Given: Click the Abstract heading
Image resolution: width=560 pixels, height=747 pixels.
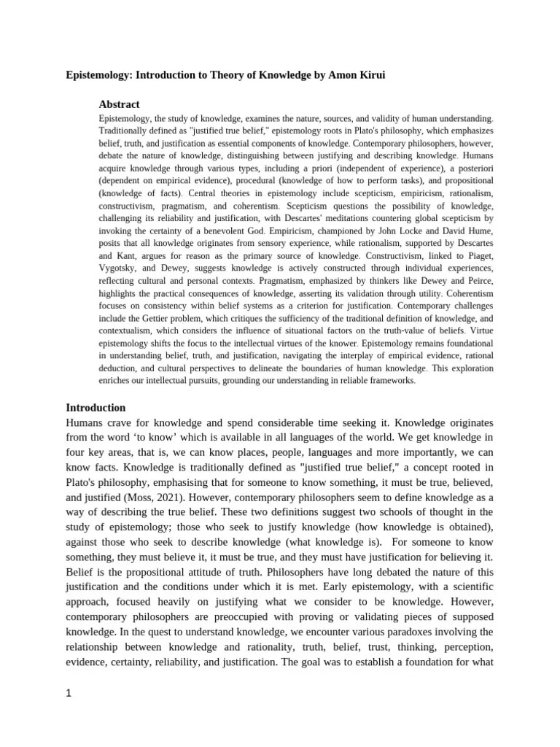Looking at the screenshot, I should tap(119, 104).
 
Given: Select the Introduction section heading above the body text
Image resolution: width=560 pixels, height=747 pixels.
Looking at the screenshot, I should tap(96, 407).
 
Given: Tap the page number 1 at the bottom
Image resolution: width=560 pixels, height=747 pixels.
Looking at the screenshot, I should tap(69, 694).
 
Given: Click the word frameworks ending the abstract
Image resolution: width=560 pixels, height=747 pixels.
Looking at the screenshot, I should tap(389, 380).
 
